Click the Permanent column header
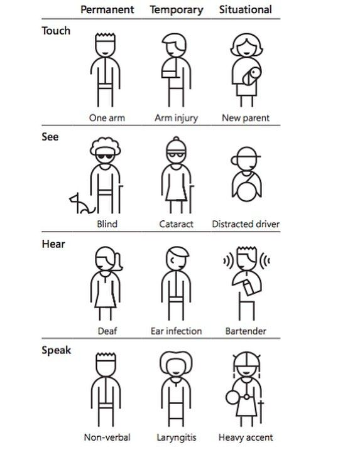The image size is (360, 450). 107,9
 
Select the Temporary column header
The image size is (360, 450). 177,9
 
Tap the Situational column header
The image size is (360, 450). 245,9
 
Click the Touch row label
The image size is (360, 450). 56,30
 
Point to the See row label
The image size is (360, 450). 50,137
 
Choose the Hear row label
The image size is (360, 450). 53,244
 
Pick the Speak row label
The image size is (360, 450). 56,350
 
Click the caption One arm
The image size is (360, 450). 107,117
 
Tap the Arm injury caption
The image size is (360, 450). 176,117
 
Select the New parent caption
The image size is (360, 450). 246,117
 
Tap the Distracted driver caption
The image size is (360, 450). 246,224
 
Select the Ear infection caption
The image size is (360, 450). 176,331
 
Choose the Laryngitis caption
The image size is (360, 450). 176,437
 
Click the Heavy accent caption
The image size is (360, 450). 246,437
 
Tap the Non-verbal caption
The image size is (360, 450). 107,437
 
